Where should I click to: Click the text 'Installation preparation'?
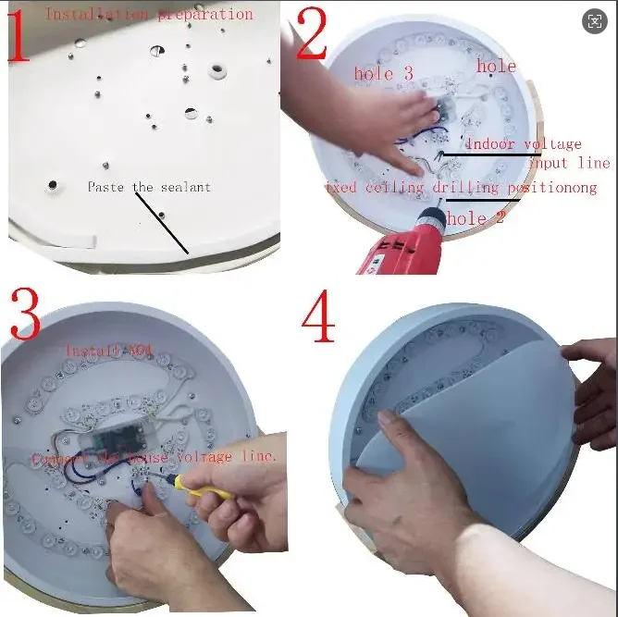149,14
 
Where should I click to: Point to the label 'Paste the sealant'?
149,187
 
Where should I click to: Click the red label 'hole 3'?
383,73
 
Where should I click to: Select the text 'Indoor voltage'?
523,143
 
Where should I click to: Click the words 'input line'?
569,163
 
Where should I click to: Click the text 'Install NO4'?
108,352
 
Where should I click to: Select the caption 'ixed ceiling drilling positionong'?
460,188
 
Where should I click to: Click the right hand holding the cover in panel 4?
593,389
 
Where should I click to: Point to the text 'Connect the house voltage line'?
154,458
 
